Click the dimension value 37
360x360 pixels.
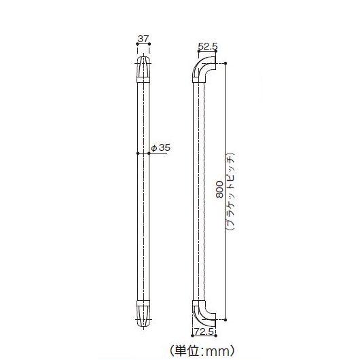coord(143,39)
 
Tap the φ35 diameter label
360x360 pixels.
coord(160,147)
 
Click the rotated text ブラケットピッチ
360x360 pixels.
coord(231,191)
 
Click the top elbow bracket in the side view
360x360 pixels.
coord(203,68)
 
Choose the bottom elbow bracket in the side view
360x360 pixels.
coord(203,310)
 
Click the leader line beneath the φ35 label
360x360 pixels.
coord(155,153)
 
